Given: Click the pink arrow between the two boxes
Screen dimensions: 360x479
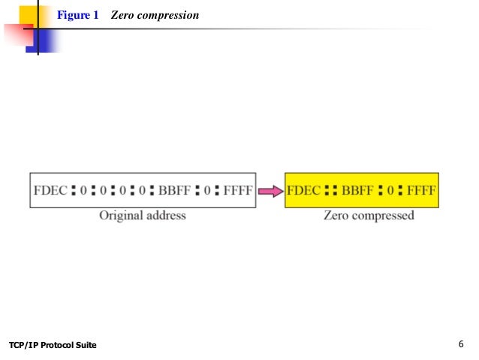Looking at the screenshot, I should (x=270, y=192).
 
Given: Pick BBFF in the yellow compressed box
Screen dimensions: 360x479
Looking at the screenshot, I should (x=357, y=192).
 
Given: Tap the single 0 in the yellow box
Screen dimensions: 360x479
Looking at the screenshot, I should (x=390, y=192).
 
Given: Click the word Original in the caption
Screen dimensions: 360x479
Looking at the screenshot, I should (x=122, y=216).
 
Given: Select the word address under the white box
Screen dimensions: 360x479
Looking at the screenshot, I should (x=165, y=216).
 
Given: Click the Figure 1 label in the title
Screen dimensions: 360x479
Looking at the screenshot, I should (x=78, y=14).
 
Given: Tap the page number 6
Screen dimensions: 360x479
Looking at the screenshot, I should (x=460, y=344).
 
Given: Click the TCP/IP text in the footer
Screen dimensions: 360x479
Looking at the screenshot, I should (x=23, y=345).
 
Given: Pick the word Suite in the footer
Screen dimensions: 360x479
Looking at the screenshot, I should (x=85, y=345).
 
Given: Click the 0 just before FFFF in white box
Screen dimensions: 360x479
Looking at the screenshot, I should (x=209, y=192).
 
